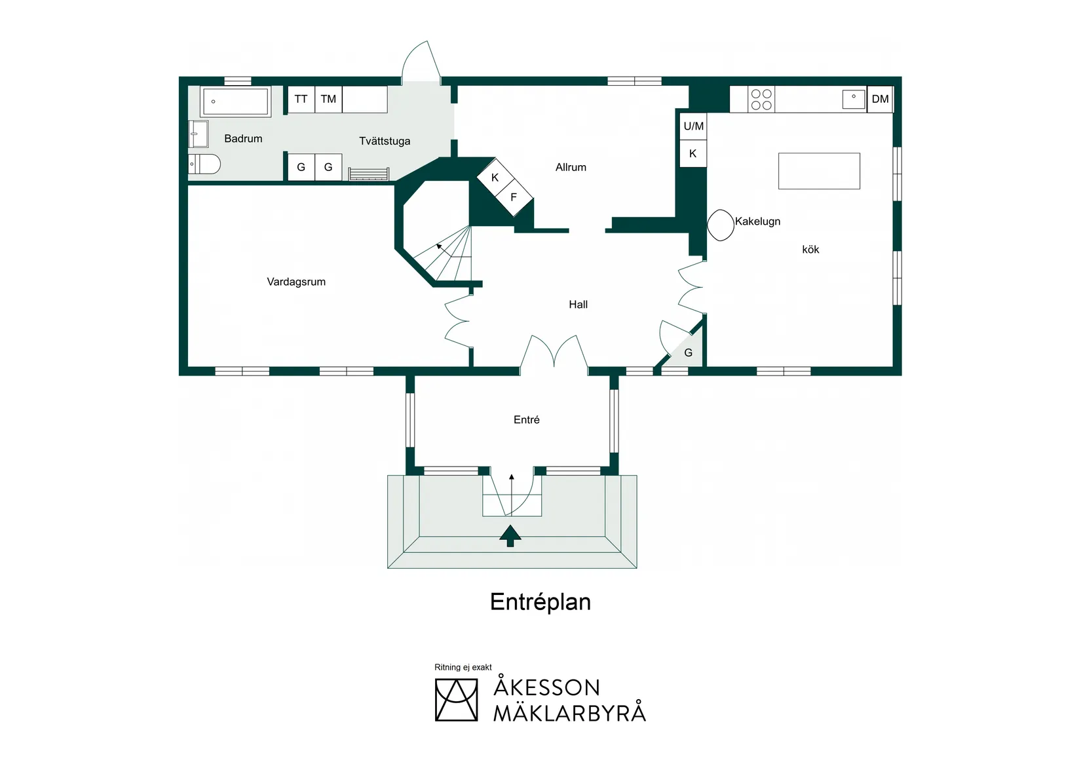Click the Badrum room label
pyautogui.click(x=243, y=139)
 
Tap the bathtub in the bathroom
pyautogui.click(x=235, y=102)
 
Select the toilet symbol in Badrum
pyautogui.click(x=205, y=164)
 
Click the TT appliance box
pyautogui.click(x=301, y=100)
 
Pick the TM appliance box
pyautogui.click(x=328, y=100)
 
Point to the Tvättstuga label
pyautogui.click(x=385, y=142)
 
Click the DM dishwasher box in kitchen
pyautogui.click(x=880, y=100)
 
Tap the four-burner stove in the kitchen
pyautogui.click(x=761, y=100)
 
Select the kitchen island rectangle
pyautogui.click(x=819, y=171)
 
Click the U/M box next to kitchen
pyautogui.click(x=693, y=126)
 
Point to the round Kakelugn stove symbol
pyautogui.click(x=721, y=225)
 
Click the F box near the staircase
pyautogui.click(x=514, y=197)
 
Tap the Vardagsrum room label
pyautogui.click(x=296, y=282)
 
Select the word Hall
pyautogui.click(x=578, y=305)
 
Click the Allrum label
pyautogui.click(x=571, y=168)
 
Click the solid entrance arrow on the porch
pyautogui.click(x=510, y=535)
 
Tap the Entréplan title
pyautogui.click(x=540, y=602)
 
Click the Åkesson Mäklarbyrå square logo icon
pyautogui.click(x=456, y=700)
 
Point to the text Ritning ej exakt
pyautogui.click(x=463, y=668)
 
